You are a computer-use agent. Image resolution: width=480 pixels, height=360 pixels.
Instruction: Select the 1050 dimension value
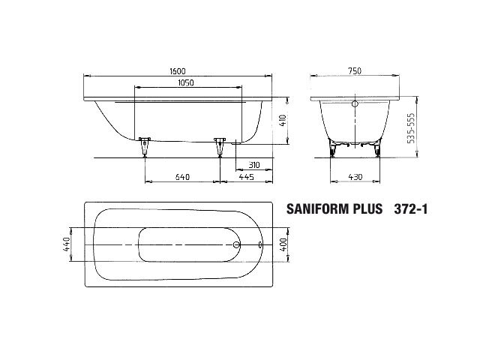pos(178,82)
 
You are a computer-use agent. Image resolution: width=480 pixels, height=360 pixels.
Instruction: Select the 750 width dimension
pos(355,70)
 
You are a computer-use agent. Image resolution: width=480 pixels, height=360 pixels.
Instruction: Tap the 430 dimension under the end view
pos(355,177)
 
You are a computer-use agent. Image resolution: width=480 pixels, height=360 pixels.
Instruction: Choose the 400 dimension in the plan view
pos(283,244)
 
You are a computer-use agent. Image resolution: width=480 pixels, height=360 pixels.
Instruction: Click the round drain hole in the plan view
pos(237,244)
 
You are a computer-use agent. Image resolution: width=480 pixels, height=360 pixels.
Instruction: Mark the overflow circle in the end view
pos(355,103)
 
